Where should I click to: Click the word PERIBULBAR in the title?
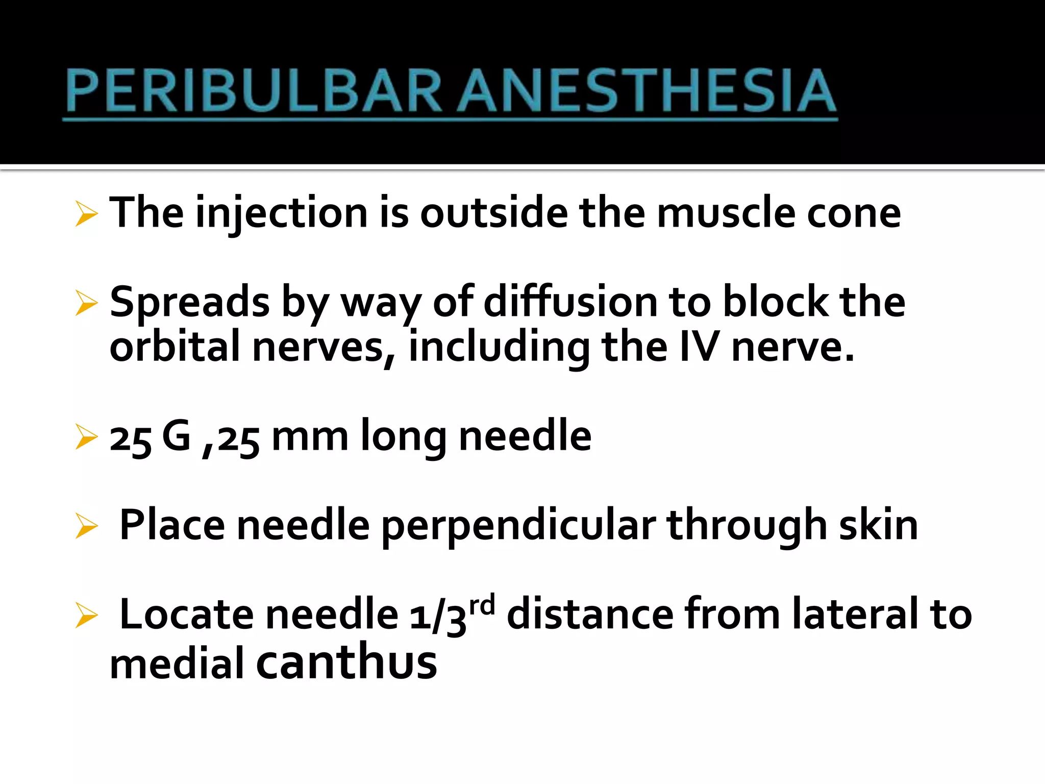coord(253,91)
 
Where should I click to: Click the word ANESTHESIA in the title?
coord(646,91)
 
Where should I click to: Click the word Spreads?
coord(189,302)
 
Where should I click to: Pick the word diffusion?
coord(570,302)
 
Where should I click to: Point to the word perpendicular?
coord(518,526)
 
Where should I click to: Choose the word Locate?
coord(186,615)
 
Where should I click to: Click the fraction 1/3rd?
coord(452,615)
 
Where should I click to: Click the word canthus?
coord(346,661)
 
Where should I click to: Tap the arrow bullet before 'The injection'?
coord(86,214)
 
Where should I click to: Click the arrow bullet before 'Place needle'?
coord(86,526)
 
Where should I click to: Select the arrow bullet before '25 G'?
coord(86,437)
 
